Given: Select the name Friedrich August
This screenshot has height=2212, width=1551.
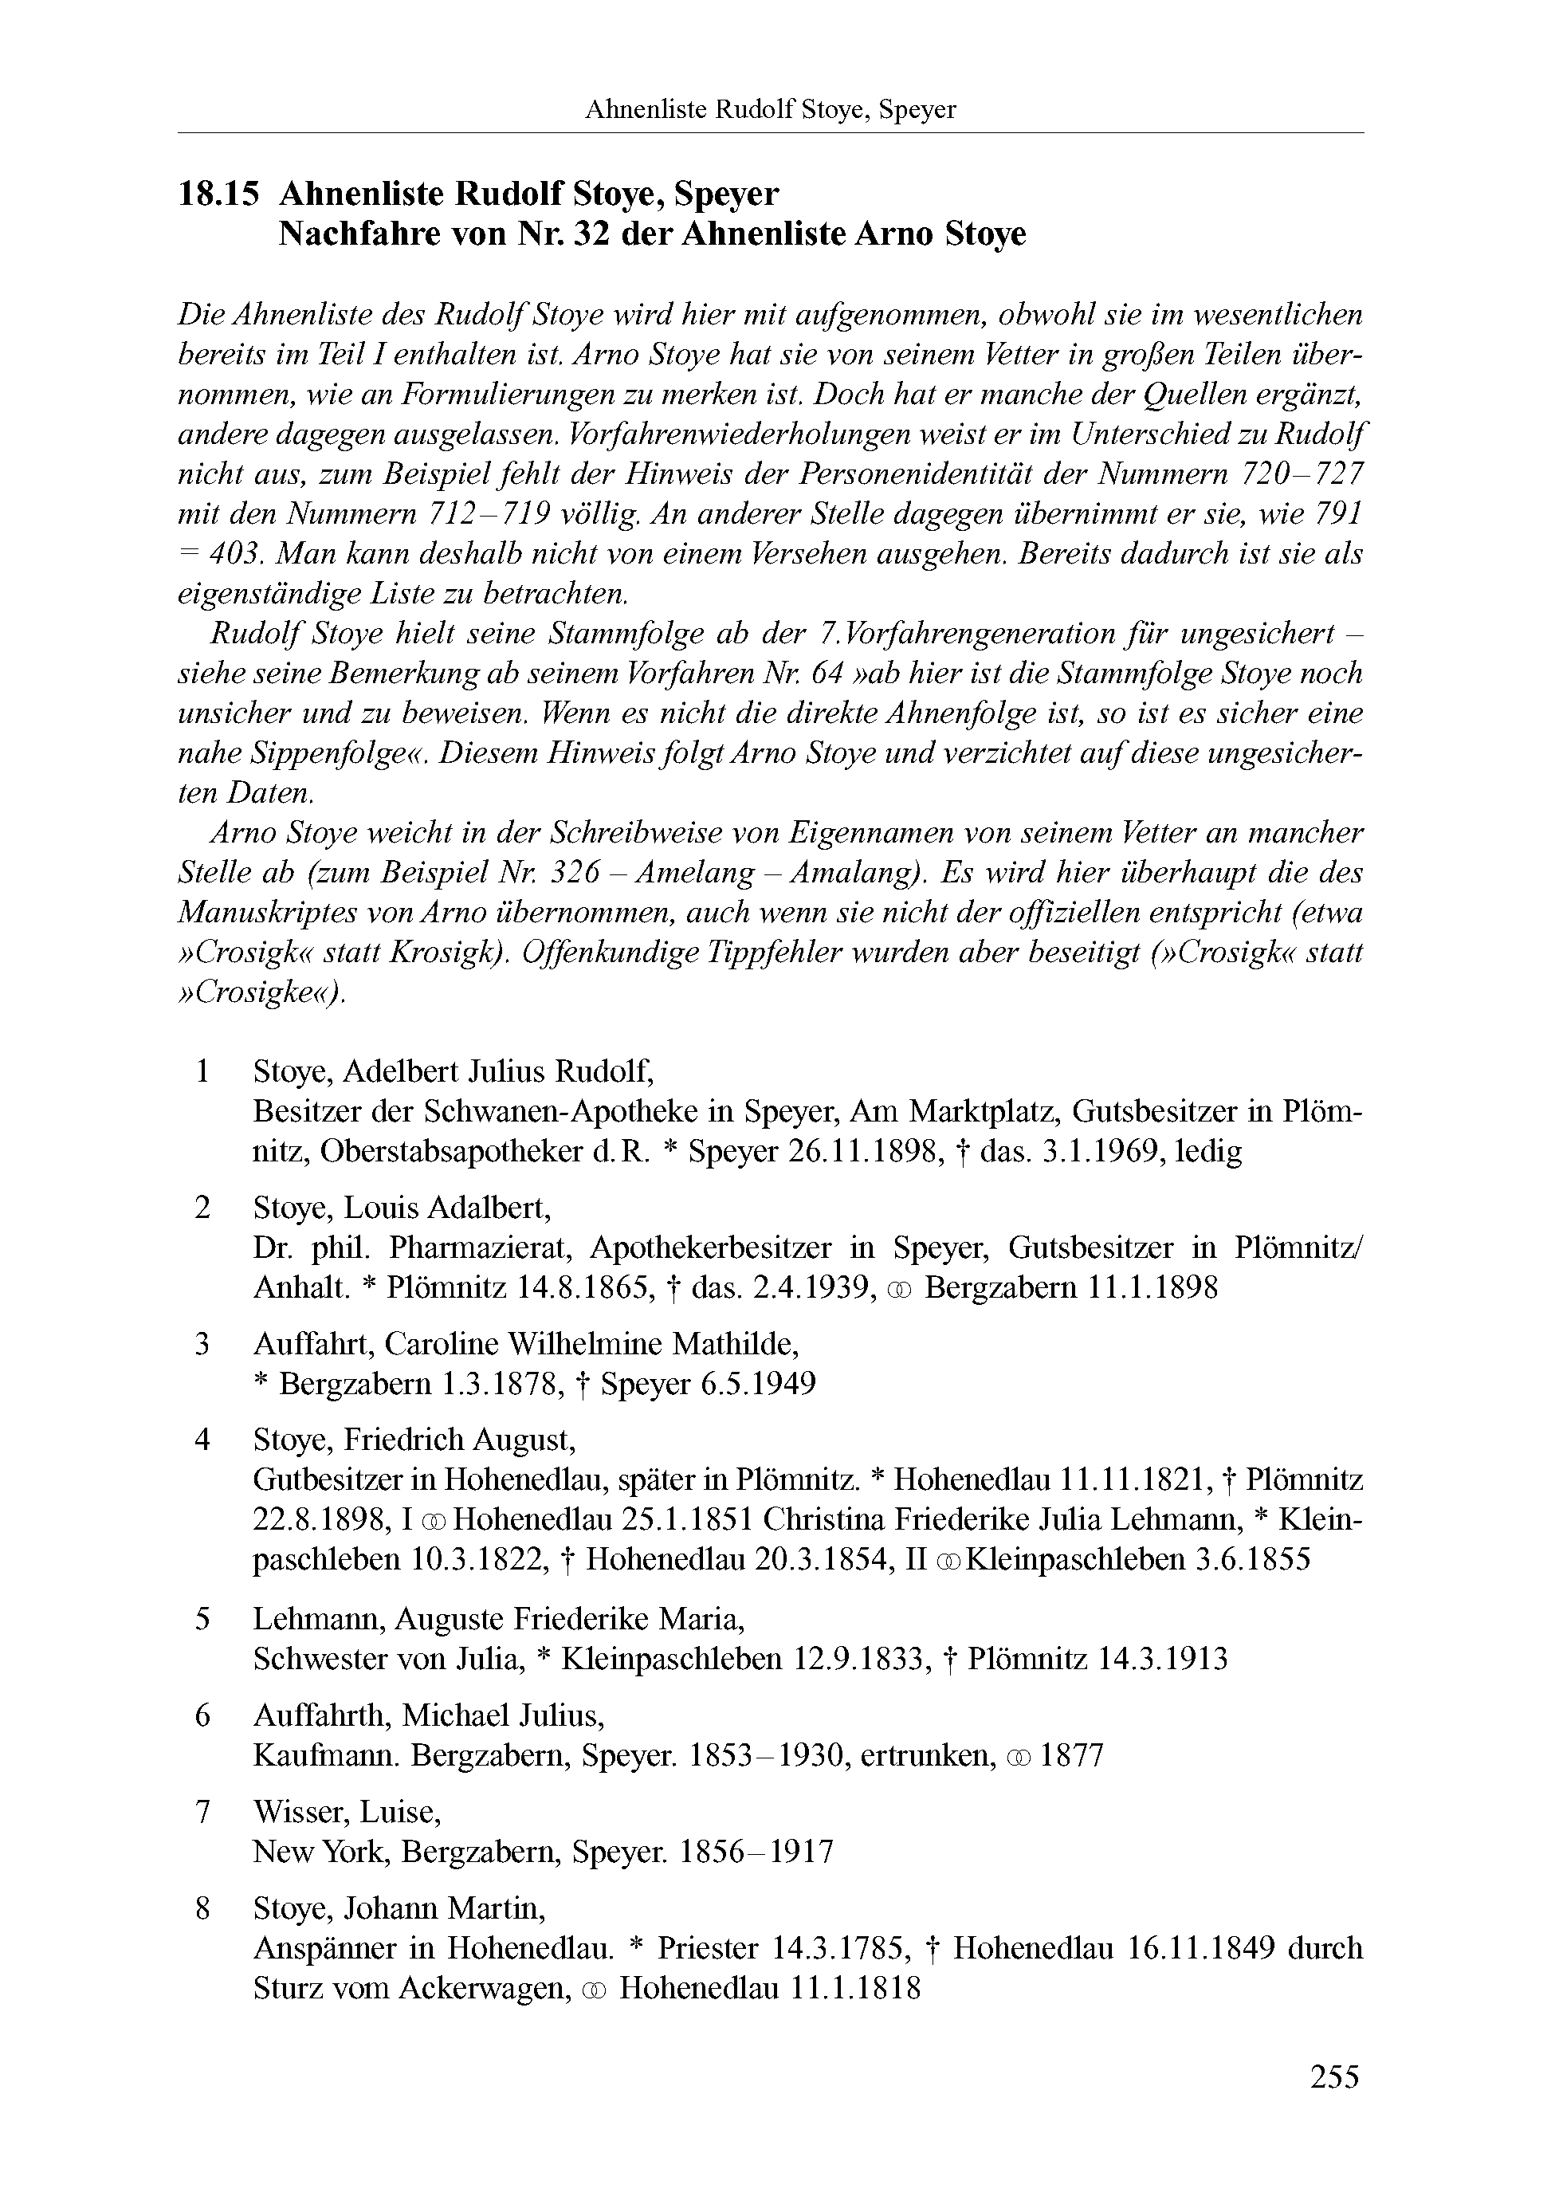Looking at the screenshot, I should coord(460,1440).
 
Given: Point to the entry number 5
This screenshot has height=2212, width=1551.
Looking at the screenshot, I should coord(202,1618).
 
